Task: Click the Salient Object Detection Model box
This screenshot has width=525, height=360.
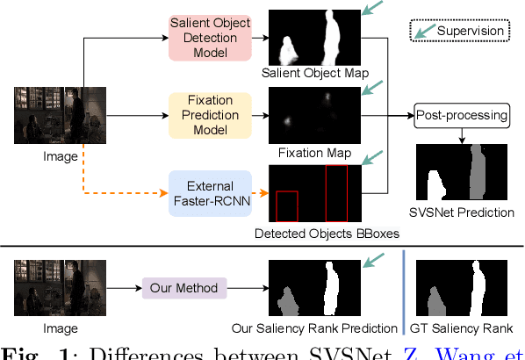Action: (x=212, y=37)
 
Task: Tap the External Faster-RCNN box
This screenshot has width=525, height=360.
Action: (x=212, y=192)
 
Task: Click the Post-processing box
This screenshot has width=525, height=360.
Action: (x=462, y=115)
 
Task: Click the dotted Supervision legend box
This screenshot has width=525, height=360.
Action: (x=459, y=32)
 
